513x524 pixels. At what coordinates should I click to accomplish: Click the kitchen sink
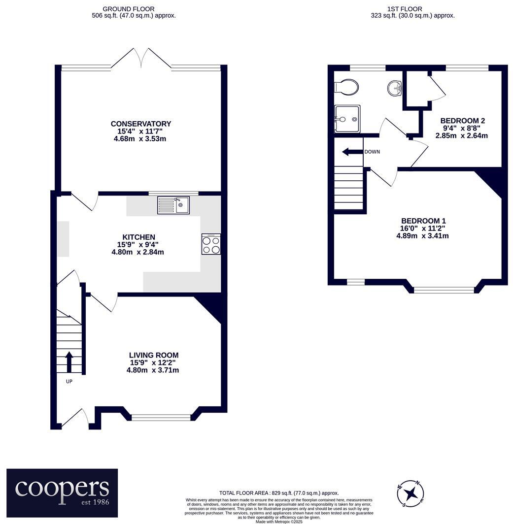[173, 205]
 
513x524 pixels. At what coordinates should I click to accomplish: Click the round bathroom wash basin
[394, 89]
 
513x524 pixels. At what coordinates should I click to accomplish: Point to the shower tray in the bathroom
[347, 119]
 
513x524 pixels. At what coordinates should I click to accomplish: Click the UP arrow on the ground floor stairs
[68, 361]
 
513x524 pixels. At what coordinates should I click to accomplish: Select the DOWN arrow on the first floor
[353, 152]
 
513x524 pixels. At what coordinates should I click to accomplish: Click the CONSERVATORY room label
[141, 124]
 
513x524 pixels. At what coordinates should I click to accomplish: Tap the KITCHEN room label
[139, 237]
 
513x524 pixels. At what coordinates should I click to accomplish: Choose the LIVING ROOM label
[153, 355]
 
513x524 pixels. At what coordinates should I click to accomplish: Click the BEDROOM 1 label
[423, 221]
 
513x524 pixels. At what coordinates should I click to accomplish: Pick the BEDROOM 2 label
[462, 121]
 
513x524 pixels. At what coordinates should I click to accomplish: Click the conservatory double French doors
[141, 59]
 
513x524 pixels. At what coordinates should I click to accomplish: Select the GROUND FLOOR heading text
[129, 9]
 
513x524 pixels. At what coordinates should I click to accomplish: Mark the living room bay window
[161, 418]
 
